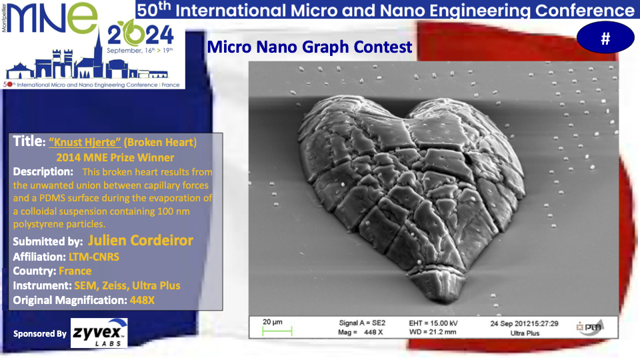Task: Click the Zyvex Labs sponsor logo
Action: pos(99,333)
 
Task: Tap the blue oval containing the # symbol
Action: pos(605,37)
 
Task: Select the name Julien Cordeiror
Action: pos(141,241)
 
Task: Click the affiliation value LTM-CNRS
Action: pos(94,257)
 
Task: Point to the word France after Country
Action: pos(75,271)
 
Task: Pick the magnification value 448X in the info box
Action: pos(142,301)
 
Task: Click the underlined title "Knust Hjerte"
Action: pos(85,142)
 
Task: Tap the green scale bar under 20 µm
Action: pos(277,331)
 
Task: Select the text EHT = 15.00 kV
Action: pos(433,323)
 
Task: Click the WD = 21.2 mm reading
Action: pos(433,332)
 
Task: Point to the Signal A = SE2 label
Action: pos(362,323)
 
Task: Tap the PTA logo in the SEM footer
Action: pos(590,327)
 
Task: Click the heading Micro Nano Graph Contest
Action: pos(309,47)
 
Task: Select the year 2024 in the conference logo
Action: pos(141,35)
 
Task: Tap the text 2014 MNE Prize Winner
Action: pos(115,157)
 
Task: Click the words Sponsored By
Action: pos(39,334)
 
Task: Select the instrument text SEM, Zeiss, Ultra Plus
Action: pos(127,286)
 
